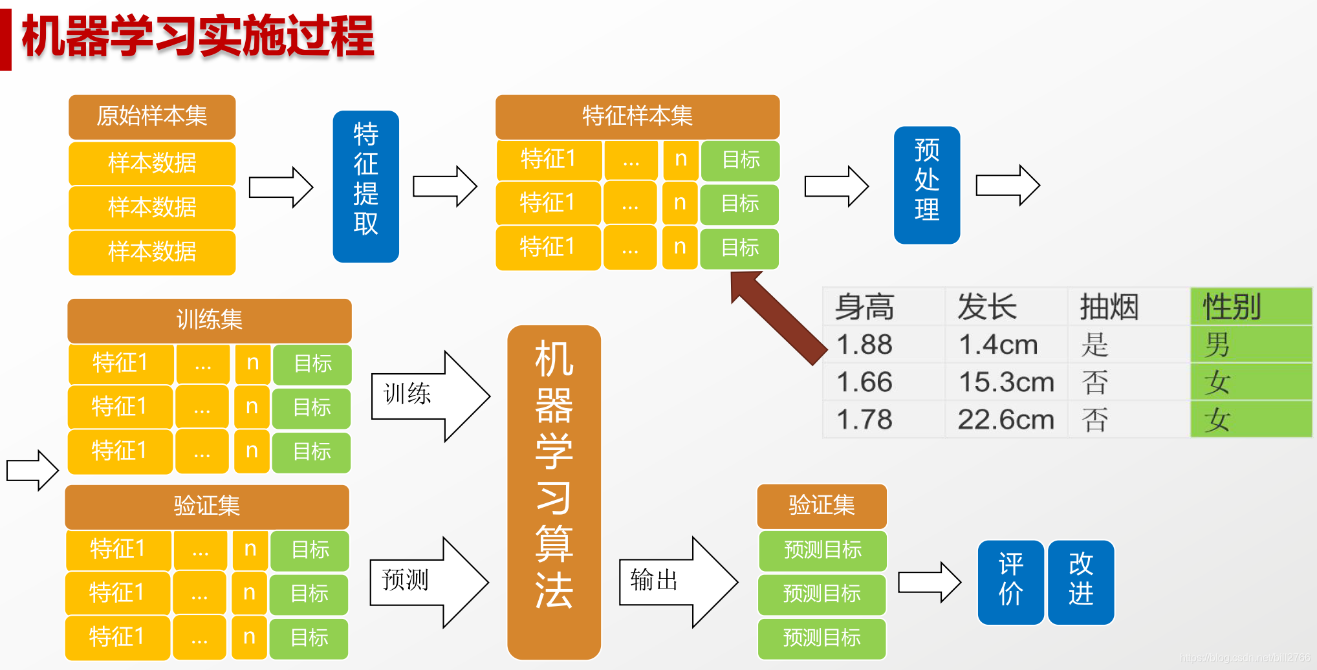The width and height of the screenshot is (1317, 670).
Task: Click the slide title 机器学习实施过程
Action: tap(198, 36)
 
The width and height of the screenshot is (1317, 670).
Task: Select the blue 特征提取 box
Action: tap(365, 186)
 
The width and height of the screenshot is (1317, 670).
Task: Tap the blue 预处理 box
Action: tap(926, 185)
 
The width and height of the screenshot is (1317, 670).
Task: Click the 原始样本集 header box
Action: tap(152, 116)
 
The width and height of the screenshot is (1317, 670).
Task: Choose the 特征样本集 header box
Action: tap(637, 116)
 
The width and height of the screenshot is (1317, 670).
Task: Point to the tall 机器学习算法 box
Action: tap(554, 492)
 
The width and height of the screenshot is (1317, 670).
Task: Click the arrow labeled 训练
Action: tap(427, 396)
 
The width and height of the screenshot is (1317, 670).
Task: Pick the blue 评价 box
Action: tap(1010, 582)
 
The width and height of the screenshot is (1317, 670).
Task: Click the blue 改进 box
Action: tap(1080, 582)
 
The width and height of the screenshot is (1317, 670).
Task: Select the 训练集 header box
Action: tap(209, 320)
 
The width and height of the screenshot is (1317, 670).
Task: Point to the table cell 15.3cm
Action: tap(1006, 382)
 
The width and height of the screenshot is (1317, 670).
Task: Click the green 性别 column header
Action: tap(1250, 307)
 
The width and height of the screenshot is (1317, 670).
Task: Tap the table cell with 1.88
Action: tap(865, 345)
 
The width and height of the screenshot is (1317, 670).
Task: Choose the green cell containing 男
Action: tap(1250, 345)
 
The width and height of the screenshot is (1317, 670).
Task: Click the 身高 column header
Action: tap(865, 307)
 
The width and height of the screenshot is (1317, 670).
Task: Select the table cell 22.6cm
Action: tap(1006, 420)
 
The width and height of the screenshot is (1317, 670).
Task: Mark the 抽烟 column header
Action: tap(1109, 307)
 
